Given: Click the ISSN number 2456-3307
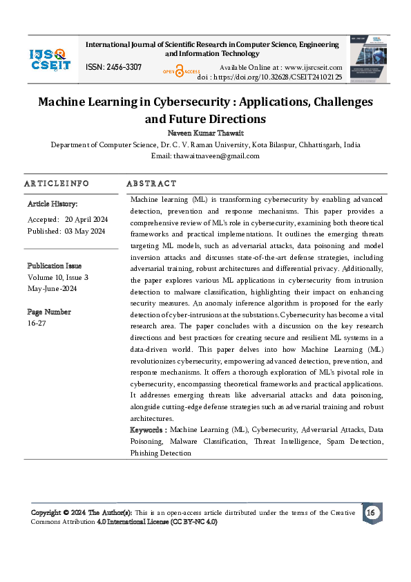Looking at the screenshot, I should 114,67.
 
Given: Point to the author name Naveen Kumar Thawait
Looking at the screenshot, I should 205,132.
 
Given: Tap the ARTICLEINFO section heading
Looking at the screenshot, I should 57,184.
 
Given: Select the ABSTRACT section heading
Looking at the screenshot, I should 151,184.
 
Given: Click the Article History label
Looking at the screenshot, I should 52,205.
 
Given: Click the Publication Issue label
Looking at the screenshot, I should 55,265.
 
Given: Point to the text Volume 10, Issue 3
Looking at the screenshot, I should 58,277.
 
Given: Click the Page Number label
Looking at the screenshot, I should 49,312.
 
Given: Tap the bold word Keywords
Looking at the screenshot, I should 148,430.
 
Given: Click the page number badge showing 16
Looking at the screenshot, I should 370,513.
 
